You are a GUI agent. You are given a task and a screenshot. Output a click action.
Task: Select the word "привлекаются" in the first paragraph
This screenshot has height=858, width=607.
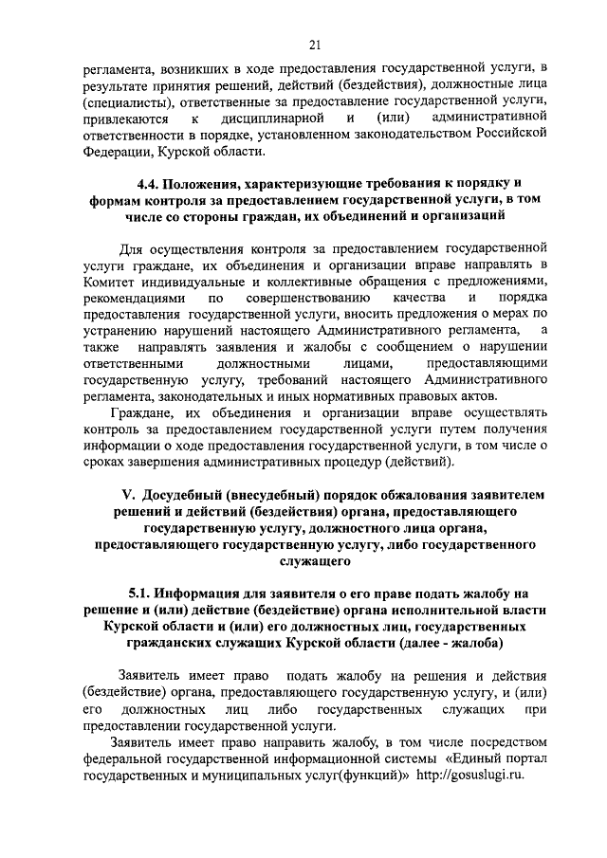tap(125, 119)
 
